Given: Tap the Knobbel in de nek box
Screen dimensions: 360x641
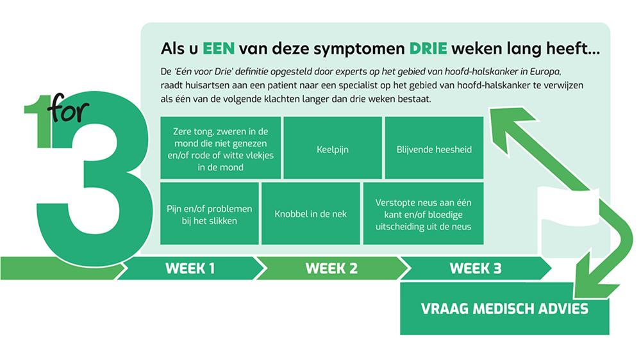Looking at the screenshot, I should point(311,213).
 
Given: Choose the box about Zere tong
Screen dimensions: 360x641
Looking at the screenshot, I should point(219,148).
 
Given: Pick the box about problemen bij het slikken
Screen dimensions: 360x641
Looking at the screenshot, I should point(209,213).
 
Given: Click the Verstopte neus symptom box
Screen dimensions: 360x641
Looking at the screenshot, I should point(423,213).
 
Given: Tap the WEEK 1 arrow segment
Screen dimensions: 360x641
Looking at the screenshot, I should point(190,268).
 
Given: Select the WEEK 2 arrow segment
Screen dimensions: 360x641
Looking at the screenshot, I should point(331,268).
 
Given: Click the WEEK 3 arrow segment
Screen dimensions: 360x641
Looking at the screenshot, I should point(475,268).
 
